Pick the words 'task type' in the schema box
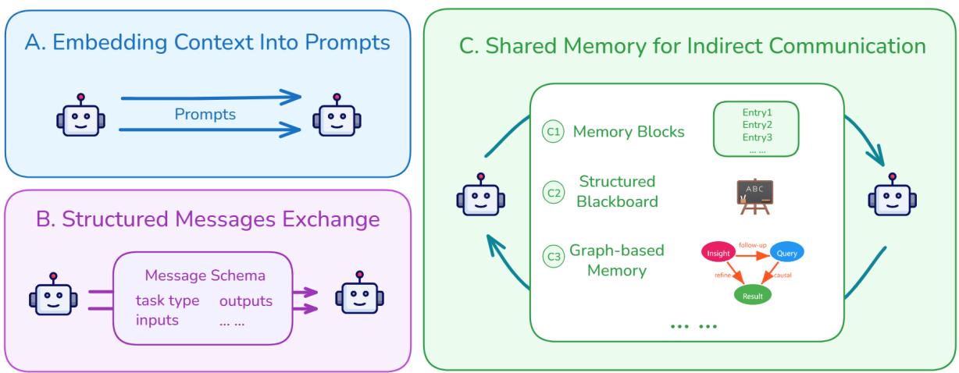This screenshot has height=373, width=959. pos(167,300)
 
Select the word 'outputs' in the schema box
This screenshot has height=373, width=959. pos(246,300)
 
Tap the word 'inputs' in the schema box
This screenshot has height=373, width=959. pos(156,320)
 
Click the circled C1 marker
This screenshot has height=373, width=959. pos(552,132)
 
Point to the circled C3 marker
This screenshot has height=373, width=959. pos(552,254)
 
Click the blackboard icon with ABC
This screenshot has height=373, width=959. pos(754,197)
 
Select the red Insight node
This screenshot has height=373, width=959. pos(718,254)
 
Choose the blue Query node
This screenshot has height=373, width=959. pos(786,252)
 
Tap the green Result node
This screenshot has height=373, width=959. pos(753,295)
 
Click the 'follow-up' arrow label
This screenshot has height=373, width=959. pos(754,243)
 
